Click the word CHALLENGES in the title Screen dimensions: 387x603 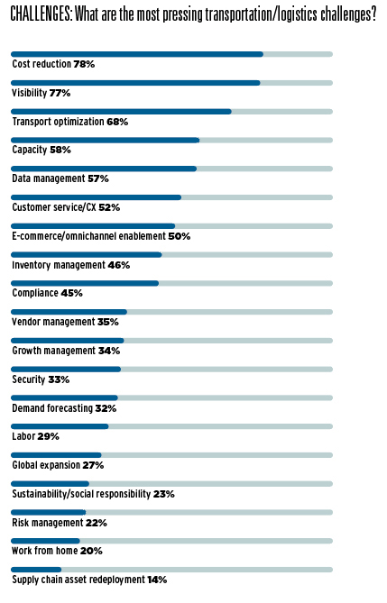[41, 14]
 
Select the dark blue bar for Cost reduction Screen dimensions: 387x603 [137, 54]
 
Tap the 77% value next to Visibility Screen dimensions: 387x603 [60, 93]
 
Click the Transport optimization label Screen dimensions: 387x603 [58, 122]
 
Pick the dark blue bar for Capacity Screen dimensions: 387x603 [106, 141]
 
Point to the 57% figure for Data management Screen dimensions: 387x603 [98, 178]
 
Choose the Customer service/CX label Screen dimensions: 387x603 [54, 207]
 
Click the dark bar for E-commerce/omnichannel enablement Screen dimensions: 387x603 [93, 226]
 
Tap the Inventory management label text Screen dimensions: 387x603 [59, 265]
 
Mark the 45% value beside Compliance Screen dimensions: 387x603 [71, 293]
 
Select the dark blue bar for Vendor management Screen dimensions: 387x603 [69, 312]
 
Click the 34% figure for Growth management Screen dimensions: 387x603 [109, 351]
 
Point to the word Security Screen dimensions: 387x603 [29, 379]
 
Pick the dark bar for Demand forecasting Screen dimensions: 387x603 [64, 397]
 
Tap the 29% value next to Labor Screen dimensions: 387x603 [48, 436]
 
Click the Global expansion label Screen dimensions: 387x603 [46, 465]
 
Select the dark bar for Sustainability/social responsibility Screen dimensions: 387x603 [50, 484]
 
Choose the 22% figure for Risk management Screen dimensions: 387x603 [97, 523]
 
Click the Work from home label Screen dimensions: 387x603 [45, 551]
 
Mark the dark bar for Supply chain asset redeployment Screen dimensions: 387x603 [36, 570]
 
